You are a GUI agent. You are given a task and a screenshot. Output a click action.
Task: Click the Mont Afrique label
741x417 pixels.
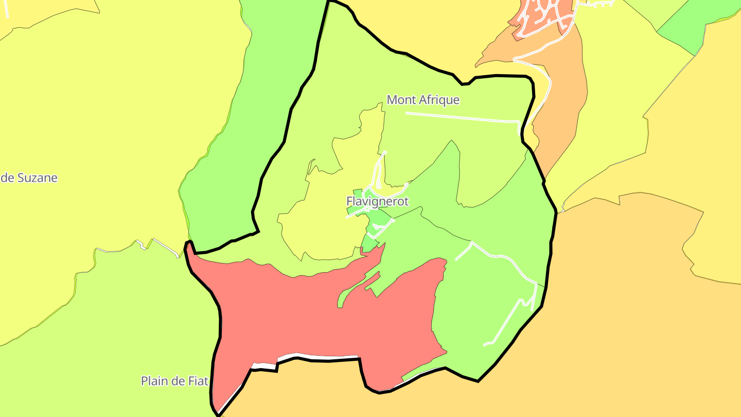click(x=422, y=100)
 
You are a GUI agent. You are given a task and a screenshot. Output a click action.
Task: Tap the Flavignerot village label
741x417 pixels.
click(x=378, y=201)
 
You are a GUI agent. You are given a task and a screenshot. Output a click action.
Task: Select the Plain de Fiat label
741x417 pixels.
click(x=174, y=381)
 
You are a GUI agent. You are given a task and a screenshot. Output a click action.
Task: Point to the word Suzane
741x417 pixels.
click(x=37, y=178)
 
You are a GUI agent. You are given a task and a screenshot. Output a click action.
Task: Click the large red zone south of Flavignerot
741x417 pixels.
click(x=309, y=319)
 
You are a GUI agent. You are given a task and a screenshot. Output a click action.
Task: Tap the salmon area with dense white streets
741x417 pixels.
click(x=540, y=15)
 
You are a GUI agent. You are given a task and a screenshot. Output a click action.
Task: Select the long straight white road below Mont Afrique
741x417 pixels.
click(x=463, y=117)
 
